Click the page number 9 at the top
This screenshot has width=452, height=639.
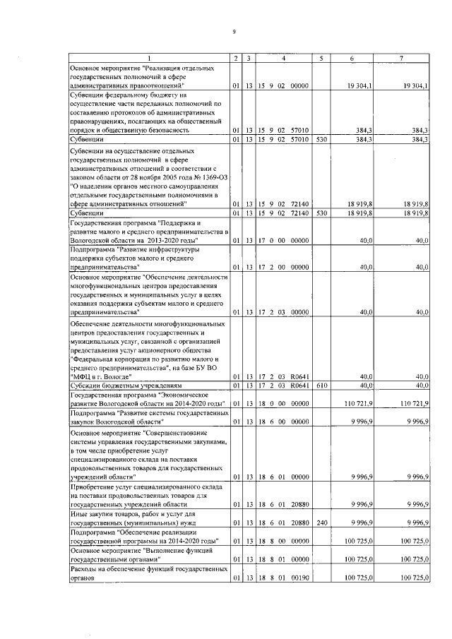(x=234, y=31)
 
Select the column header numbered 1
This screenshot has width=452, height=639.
(x=149, y=57)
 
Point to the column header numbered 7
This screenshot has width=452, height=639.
(x=400, y=57)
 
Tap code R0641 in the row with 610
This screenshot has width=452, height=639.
(x=300, y=385)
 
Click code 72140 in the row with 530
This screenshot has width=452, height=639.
(x=300, y=213)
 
